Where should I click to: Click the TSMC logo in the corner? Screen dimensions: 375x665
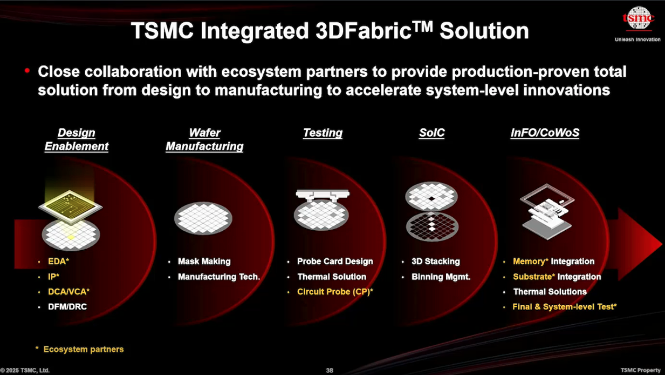point(638,20)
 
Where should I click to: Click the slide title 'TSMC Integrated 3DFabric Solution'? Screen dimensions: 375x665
point(330,31)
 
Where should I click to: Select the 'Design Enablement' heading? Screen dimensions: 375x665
point(76,139)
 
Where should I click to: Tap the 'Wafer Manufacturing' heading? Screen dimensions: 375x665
point(204,139)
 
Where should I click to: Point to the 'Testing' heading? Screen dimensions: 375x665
point(323,133)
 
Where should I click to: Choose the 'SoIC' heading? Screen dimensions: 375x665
point(431,133)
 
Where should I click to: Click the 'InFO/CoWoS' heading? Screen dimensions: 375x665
point(545,133)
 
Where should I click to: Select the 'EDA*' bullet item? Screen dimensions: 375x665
point(58,262)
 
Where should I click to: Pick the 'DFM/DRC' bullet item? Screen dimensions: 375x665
point(67,306)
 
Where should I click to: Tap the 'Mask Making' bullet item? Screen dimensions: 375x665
point(204,262)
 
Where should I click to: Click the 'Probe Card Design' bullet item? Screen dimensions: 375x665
point(335,262)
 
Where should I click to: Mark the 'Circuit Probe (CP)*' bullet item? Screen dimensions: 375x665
point(335,292)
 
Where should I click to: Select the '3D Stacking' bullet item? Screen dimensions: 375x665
point(435,262)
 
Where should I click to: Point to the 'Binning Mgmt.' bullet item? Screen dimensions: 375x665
point(441,277)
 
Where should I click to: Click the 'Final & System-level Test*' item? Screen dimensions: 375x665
point(564,306)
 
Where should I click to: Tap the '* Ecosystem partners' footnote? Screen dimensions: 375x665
point(83,349)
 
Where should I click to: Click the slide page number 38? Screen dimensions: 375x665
point(330,370)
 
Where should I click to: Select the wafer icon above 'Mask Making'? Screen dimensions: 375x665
point(203,218)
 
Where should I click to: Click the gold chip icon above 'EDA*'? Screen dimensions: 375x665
point(70,206)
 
